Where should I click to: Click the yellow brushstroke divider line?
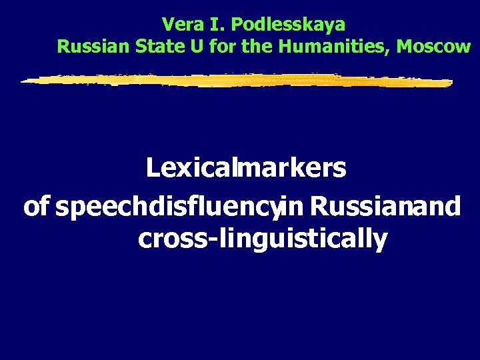(x=237, y=81)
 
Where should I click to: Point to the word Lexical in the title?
(x=188, y=168)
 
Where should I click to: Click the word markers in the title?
(x=291, y=168)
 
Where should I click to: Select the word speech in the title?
(x=94, y=208)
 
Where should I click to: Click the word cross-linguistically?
(x=263, y=239)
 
